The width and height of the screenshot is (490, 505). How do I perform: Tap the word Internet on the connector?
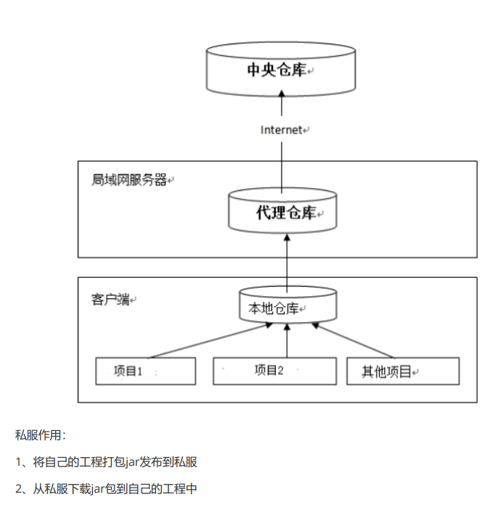281,130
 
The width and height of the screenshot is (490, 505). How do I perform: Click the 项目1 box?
145,371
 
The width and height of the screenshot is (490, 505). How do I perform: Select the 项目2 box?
274,370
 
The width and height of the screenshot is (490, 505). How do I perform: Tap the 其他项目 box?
402,371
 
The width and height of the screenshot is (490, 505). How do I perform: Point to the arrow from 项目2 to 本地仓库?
287,341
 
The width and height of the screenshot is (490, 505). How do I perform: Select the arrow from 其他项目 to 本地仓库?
356,341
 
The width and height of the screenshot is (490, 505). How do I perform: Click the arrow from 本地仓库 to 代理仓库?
287,261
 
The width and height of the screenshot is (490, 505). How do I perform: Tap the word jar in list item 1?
131,461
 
